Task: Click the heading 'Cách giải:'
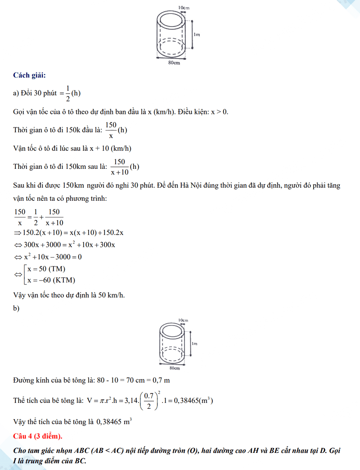(x=29, y=75)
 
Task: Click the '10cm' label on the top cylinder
(x=183, y=8)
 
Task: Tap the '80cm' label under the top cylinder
(x=174, y=63)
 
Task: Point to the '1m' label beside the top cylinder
(x=197, y=34)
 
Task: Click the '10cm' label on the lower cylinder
(x=183, y=320)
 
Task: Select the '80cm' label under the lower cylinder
(x=174, y=368)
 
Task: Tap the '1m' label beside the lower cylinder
(x=194, y=343)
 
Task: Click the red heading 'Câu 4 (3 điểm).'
(x=38, y=436)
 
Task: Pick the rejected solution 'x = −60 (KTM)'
(x=51, y=280)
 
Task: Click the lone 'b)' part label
(x=17, y=308)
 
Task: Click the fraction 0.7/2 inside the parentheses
(x=149, y=401)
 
